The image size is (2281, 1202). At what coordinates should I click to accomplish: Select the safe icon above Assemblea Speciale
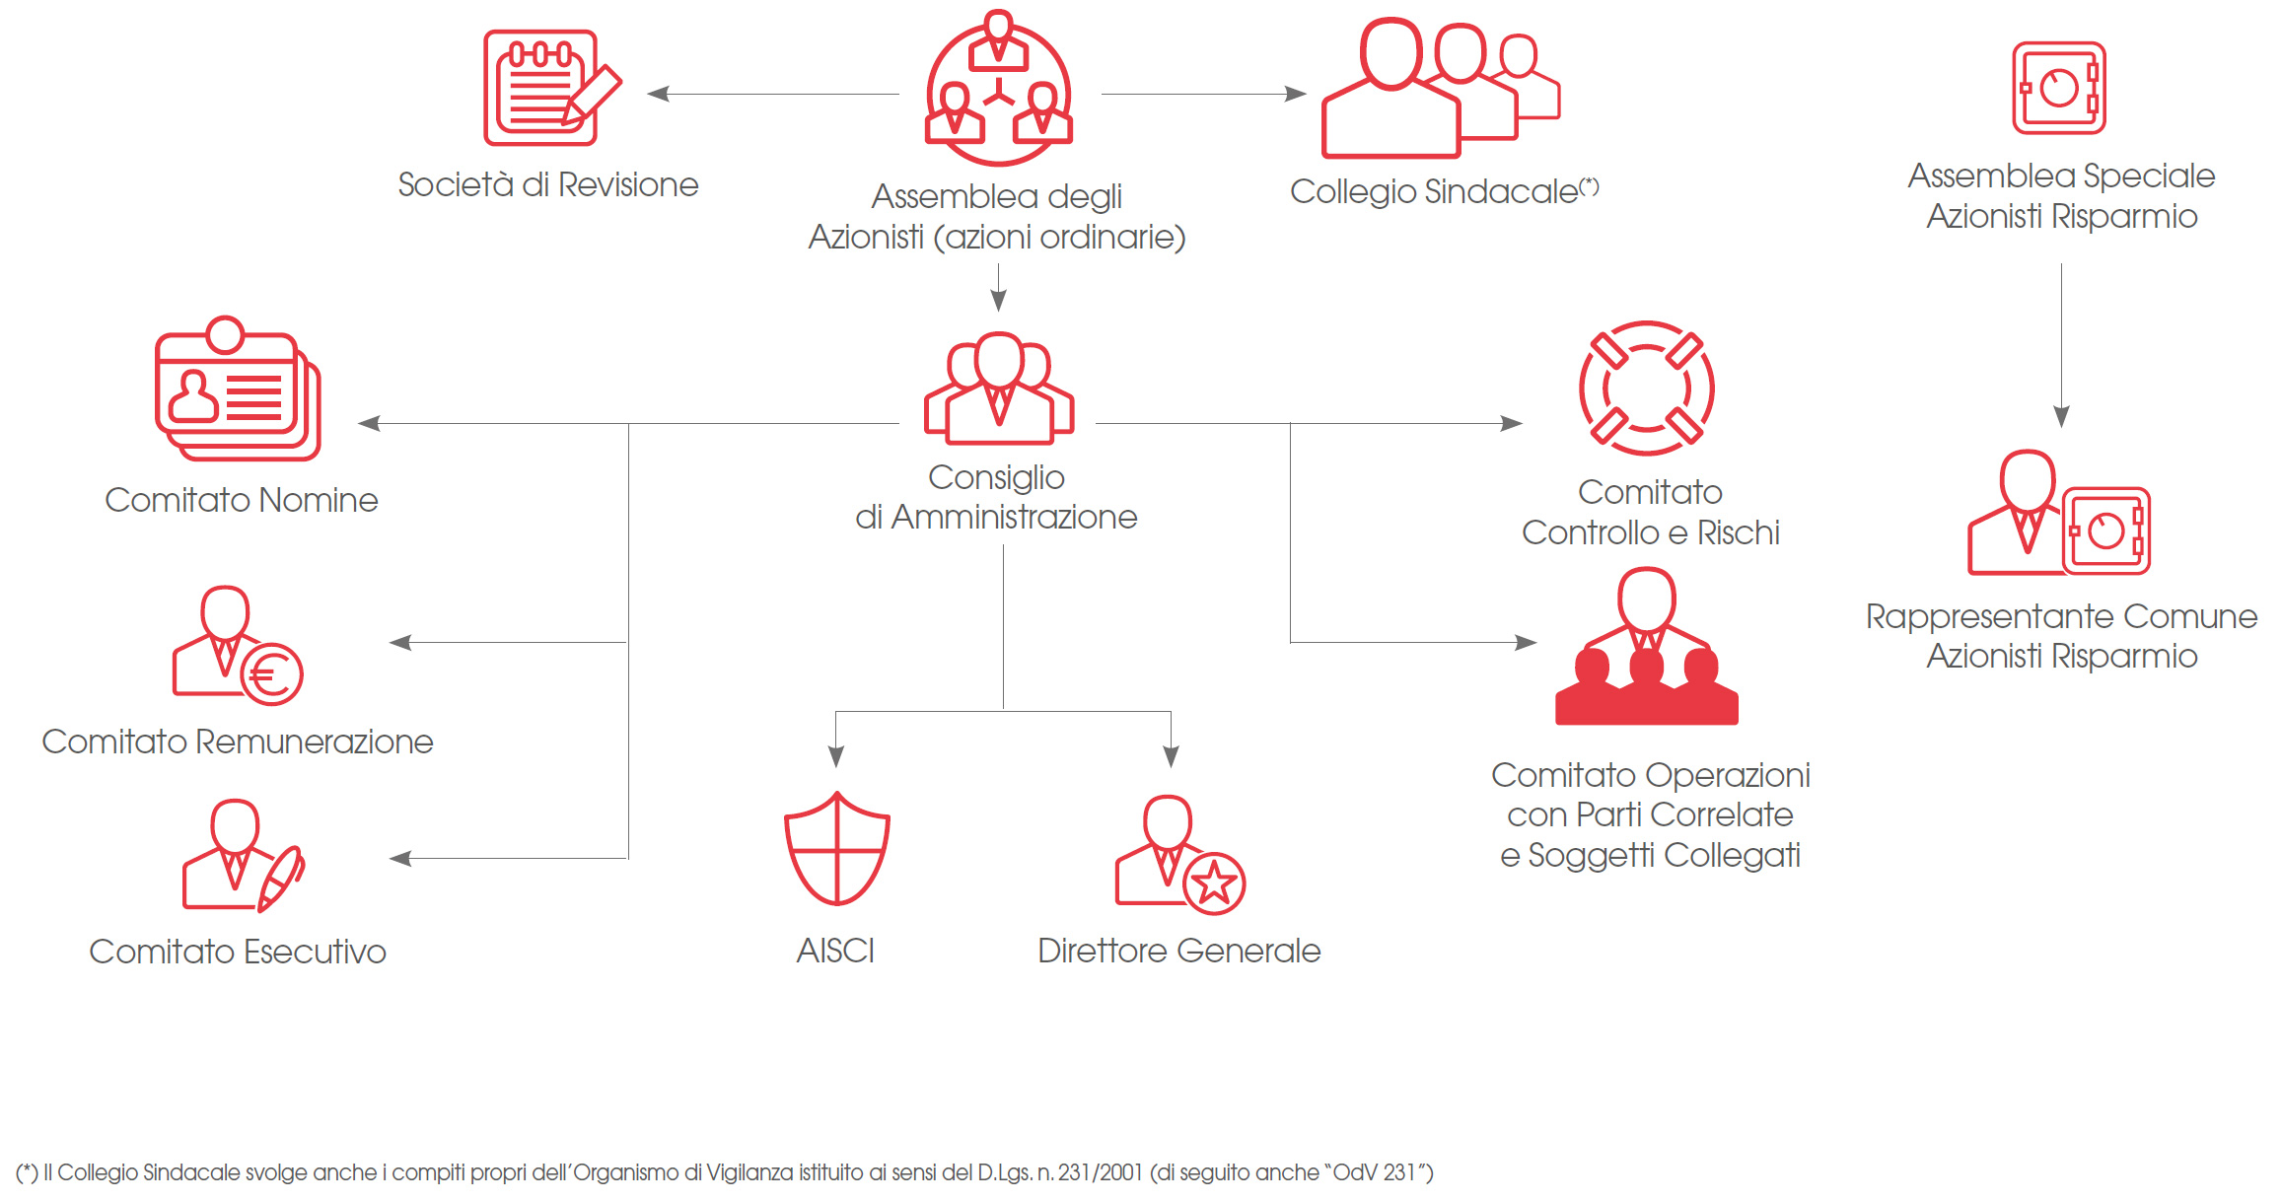coord(2058,88)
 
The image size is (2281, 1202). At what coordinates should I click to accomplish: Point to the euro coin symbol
coord(271,675)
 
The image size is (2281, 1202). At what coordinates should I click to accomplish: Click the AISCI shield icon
coord(836,849)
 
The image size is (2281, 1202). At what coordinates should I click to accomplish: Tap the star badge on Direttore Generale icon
coord(1214,884)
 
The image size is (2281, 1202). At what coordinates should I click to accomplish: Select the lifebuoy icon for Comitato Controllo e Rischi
coord(1646,389)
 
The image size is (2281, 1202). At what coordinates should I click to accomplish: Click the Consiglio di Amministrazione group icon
coord(998,389)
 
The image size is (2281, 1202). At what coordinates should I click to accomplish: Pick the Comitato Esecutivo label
coord(238,952)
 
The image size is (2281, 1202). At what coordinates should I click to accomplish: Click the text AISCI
coord(835,951)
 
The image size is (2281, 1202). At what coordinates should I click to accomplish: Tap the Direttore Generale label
coord(1178,951)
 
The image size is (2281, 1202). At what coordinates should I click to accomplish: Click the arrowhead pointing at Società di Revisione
coord(658,94)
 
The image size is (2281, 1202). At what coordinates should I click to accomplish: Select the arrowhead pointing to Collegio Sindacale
coord(1297,94)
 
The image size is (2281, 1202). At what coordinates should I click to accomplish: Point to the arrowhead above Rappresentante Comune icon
coord(2061,416)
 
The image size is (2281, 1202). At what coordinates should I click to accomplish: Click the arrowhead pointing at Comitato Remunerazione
coord(399,643)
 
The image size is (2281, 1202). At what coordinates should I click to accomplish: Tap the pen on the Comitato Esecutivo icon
coord(282,877)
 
